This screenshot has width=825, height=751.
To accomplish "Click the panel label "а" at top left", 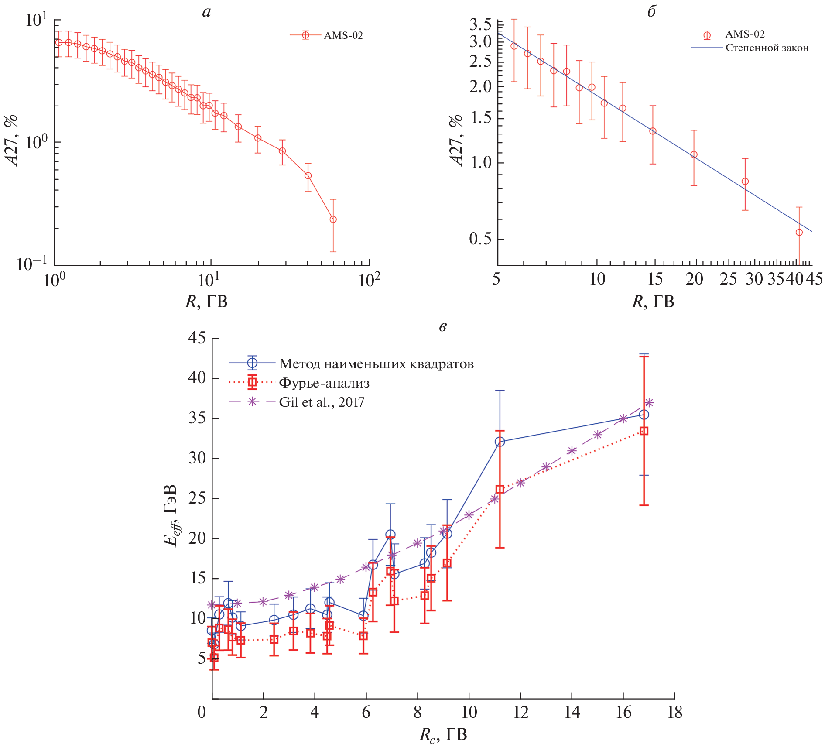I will pyautogui.click(x=206, y=12).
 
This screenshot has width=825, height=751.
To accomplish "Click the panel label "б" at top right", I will pyautogui.click(x=651, y=12).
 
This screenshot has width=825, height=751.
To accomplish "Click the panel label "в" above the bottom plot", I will pyautogui.click(x=443, y=326).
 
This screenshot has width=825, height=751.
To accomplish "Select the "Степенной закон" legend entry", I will pyautogui.click(x=767, y=48).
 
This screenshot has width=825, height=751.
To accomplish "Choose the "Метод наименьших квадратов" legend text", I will pyautogui.click(x=376, y=363).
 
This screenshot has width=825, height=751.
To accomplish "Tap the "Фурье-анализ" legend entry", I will pyautogui.click(x=324, y=383).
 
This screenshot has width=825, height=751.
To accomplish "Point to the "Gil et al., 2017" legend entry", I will pyautogui.click(x=322, y=402).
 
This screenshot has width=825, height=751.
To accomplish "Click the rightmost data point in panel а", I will pyautogui.click(x=333, y=219).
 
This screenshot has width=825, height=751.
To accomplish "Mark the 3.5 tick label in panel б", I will pyautogui.click(x=480, y=24).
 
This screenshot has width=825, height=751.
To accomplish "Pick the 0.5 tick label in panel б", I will pyautogui.click(x=480, y=239).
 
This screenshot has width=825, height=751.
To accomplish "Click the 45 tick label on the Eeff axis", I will pyautogui.click(x=197, y=338).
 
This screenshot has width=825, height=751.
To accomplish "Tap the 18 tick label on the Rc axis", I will pyautogui.click(x=674, y=713).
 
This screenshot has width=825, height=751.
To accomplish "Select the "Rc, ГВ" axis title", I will pyautogui.click(x=443, y=735).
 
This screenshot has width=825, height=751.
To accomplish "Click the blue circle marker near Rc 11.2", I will pyautogui.click(x=500, y=442).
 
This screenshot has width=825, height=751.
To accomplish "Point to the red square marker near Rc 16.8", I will pyautogui.click(x=644, y=431).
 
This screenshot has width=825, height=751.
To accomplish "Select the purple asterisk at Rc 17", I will pyautogui.click(x=649, y=402).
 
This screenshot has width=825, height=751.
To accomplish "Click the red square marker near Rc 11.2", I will pyautogui.click(x=500, y=489).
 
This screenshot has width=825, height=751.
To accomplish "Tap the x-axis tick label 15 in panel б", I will pyautogui.click(x=655, y=279).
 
